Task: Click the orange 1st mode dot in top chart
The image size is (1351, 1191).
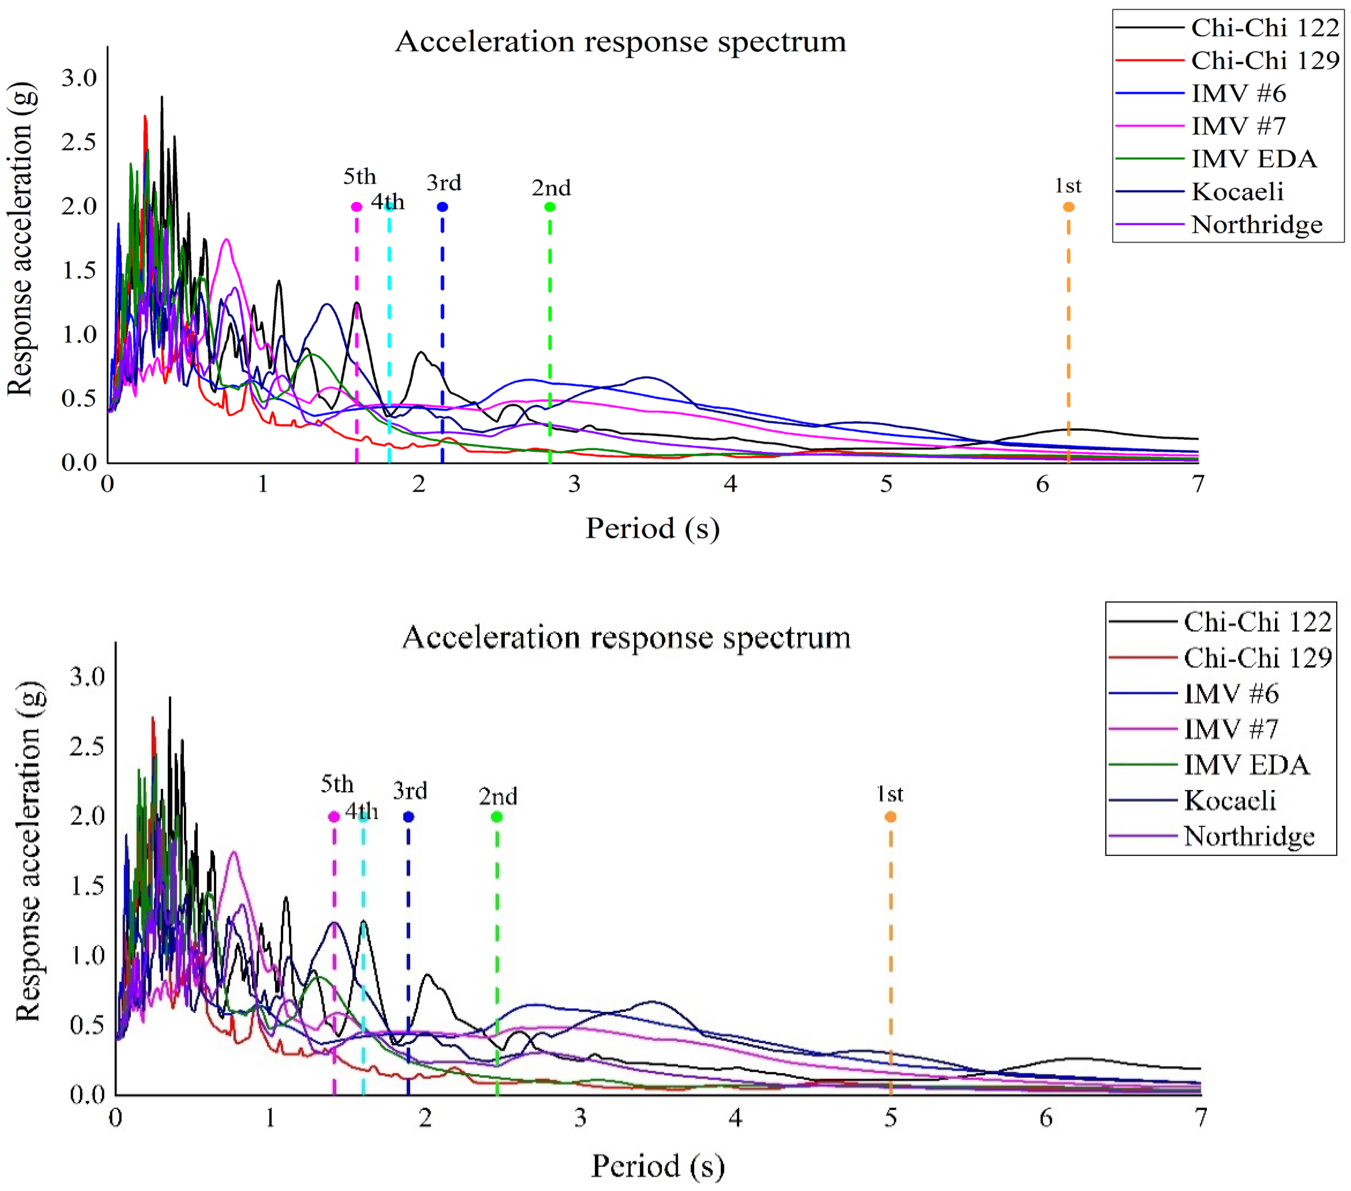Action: coord(1068,207)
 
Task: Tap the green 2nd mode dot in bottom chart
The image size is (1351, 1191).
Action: coord(497,817)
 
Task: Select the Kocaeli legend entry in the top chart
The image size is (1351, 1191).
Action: coord(1237,192)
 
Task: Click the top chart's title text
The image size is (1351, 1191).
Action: coord(620,42)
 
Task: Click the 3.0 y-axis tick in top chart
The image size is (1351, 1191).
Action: coord(79,78)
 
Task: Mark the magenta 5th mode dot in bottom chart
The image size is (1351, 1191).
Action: coord(334,817)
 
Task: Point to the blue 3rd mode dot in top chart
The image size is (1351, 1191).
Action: coord(442,207)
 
